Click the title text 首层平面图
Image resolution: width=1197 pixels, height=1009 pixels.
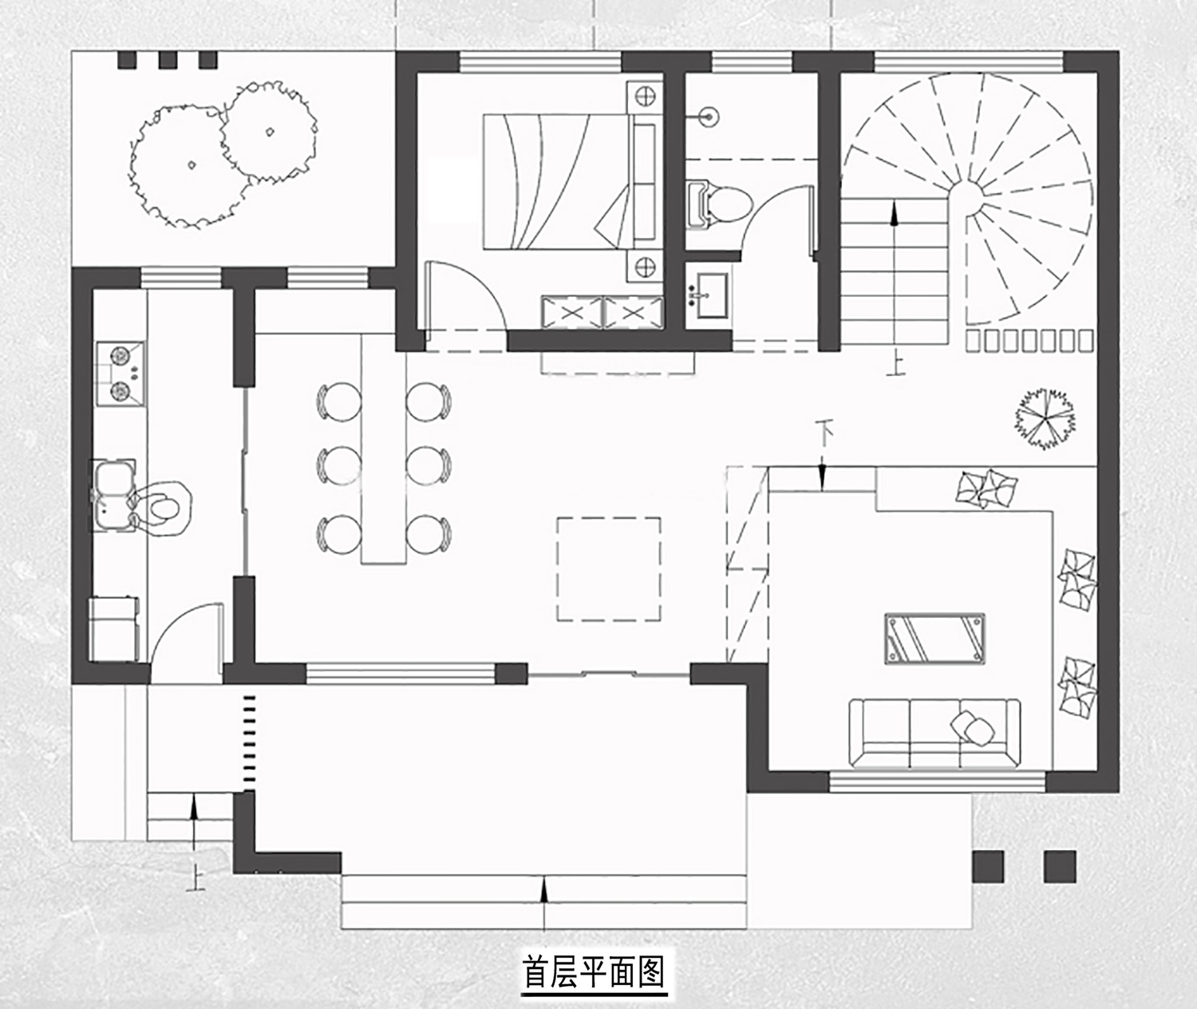pyautogui.click(x=594, y=970)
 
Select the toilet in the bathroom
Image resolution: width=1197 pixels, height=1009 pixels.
pyautogui.click(x=719, y=205)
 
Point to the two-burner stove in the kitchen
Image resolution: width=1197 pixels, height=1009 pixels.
pyautogui.click(x=120, y=374)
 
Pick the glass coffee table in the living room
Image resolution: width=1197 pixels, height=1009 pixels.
pyautogui.click(x=935, y=639)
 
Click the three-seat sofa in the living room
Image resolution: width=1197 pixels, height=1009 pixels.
pyautogui.click(x=934, y=733)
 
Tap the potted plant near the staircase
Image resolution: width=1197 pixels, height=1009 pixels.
pyautogui.click(x=1045, y=419)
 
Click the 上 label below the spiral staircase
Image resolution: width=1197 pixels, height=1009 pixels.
pyautogui.click(x=895, y=366)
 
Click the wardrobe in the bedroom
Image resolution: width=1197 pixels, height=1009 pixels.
pyautogui.click(x=602, y=313)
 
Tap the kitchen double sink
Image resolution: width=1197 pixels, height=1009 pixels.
pyautogui.click(x=113, y=495)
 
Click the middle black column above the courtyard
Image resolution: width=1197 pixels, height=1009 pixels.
pyautogui.click(x=168, y=60)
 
